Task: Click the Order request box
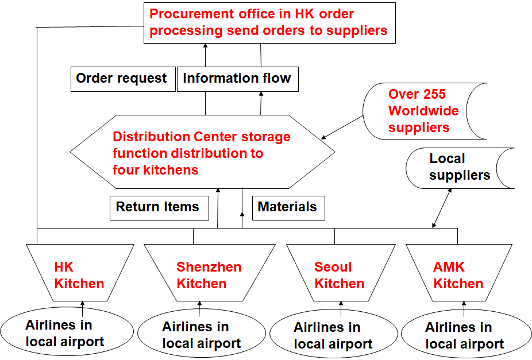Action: pos(121,79)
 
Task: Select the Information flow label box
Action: pos(237,79)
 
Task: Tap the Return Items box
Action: pos(157,207)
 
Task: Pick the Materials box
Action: pos(287,207)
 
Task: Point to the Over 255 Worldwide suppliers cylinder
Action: pos(424,111)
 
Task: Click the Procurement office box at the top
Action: pos(269,22)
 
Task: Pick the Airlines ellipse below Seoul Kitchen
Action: pos(333,336)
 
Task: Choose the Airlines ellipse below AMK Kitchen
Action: pos(464,336)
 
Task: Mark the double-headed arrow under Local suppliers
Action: pos(442,208)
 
